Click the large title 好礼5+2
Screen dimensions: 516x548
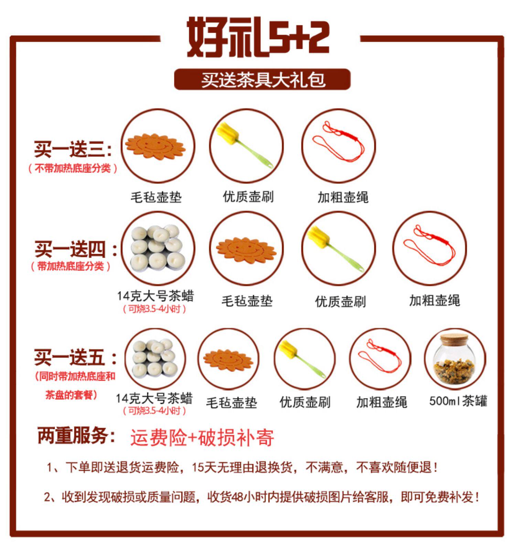258,37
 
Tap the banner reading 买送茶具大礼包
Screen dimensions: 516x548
262,80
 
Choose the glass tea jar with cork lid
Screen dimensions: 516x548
455,360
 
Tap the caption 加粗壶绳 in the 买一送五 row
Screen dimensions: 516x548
381,402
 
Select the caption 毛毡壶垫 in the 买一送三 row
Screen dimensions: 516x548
156,197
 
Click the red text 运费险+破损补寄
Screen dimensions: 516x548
202,438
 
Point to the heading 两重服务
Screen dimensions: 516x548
76,436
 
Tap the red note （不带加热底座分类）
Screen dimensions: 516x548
73,168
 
